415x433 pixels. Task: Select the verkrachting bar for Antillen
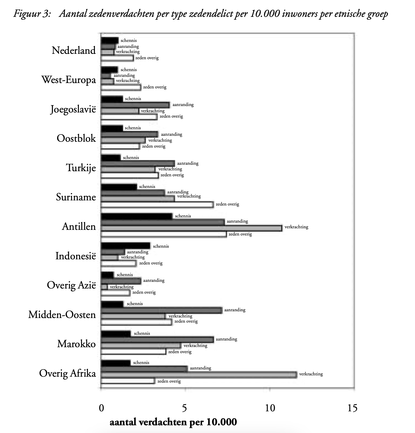click(191, 228)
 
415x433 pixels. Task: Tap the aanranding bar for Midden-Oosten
click(161, 310)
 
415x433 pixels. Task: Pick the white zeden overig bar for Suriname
click(157, 205)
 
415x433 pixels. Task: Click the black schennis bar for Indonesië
click(125, 246)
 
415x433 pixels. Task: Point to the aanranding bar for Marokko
click(157, 339)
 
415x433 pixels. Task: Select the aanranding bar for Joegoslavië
click(135, 105)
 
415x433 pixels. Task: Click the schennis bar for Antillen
click(137, 216)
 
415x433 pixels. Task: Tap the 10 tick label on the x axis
click(270, 408)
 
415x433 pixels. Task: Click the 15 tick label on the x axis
click(353, 408)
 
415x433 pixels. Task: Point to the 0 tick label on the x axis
click(101, 408)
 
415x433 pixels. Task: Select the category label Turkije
click(81, 168)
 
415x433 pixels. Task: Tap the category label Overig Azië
click(71, 285)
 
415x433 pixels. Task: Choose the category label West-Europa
click(69, 80)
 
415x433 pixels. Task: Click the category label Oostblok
click(76, 138)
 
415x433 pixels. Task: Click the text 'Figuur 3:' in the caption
click(32, 14)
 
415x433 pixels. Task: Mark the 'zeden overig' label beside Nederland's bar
click(147, 58)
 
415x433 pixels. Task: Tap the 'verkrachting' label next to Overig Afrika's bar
click(311, 374)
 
